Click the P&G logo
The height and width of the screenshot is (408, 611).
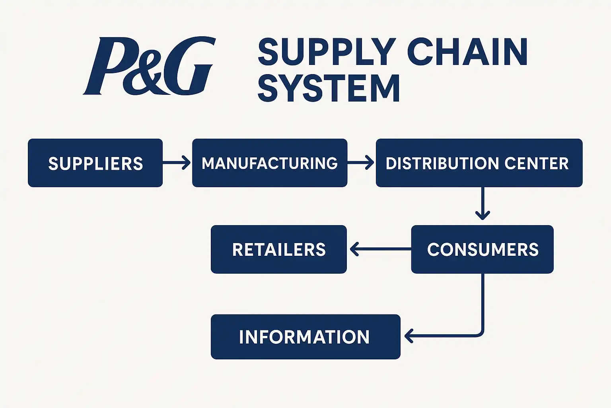(149, 66)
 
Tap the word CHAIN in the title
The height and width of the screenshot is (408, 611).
(467, 52)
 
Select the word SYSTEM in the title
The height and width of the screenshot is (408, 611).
(329, 88)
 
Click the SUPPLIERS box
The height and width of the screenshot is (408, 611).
(95, 163)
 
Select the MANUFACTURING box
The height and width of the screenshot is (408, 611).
(269, 163)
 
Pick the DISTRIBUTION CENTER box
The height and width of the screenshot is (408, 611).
(479, 163)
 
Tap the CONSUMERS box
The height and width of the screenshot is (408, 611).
(482, 249)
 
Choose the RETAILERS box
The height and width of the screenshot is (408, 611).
(278, 249)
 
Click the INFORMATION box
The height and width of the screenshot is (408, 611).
(305, 337)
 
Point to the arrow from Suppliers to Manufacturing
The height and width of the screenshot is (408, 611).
(177, 163)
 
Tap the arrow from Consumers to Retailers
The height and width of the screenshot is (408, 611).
(379, 249)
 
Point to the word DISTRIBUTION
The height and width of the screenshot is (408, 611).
(442, 163)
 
